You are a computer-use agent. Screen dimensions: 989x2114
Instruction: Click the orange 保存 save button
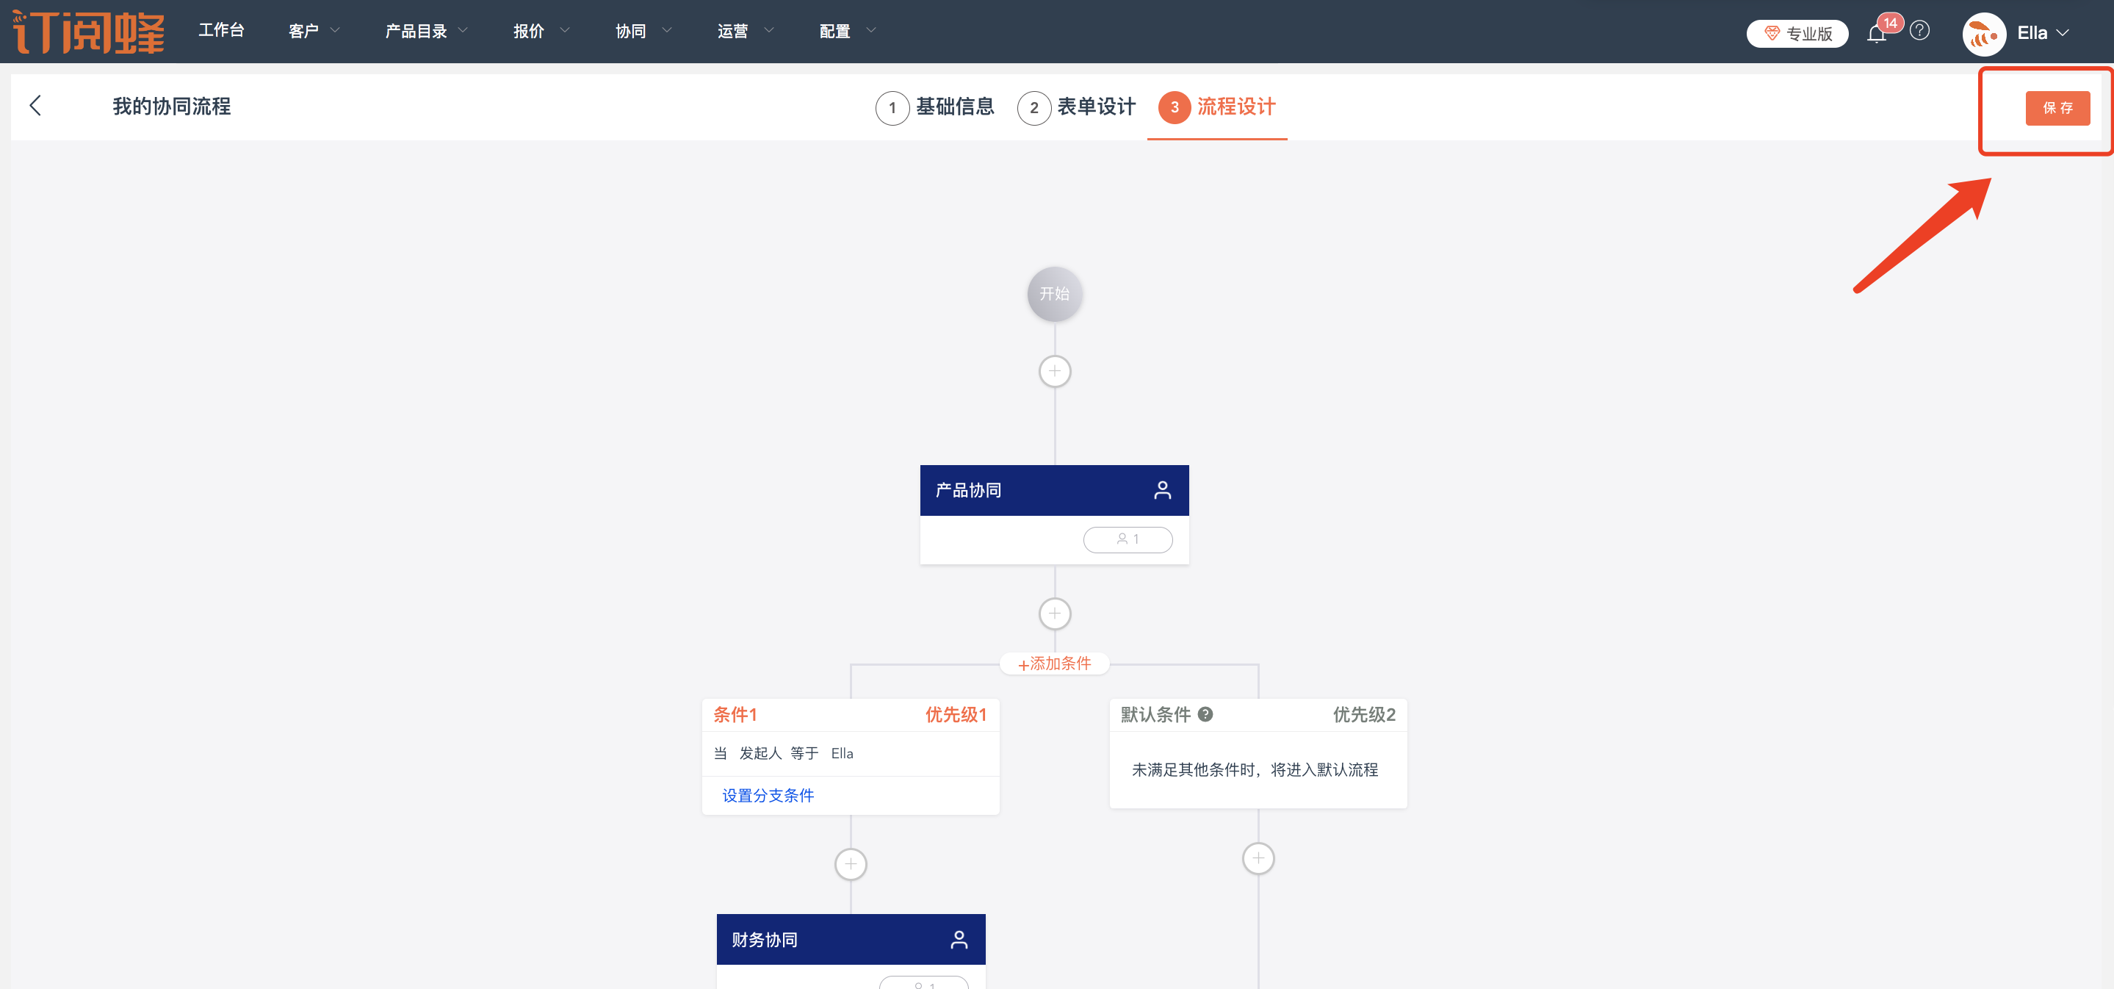click(2057, 108)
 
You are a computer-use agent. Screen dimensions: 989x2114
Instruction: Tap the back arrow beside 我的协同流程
click(35, 106)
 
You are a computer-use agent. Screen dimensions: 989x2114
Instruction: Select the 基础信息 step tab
click(936, 107)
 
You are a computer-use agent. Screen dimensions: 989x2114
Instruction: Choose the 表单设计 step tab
click(1077, 107)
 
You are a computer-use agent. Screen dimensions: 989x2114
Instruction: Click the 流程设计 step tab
click(1218, 107)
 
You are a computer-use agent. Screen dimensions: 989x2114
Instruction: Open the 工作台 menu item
click(222, 31)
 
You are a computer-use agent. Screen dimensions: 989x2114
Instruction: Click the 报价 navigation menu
click(540, 31)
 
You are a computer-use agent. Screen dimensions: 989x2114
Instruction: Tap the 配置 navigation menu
click(846, 31)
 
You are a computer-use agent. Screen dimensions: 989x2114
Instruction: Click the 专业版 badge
click(1797, 34)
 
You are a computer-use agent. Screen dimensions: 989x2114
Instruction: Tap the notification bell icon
click(1876, 34)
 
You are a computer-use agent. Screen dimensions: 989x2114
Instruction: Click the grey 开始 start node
click(1055, 294)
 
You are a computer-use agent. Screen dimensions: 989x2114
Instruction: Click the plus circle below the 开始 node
click(1055, 371)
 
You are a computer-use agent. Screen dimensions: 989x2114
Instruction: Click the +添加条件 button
click(1055, 663)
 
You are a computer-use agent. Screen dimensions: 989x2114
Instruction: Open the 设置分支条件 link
click(768, 795)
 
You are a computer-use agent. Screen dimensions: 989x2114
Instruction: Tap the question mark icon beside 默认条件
click(1205, 714)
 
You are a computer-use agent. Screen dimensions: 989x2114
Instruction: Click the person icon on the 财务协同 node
click(959, 940)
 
